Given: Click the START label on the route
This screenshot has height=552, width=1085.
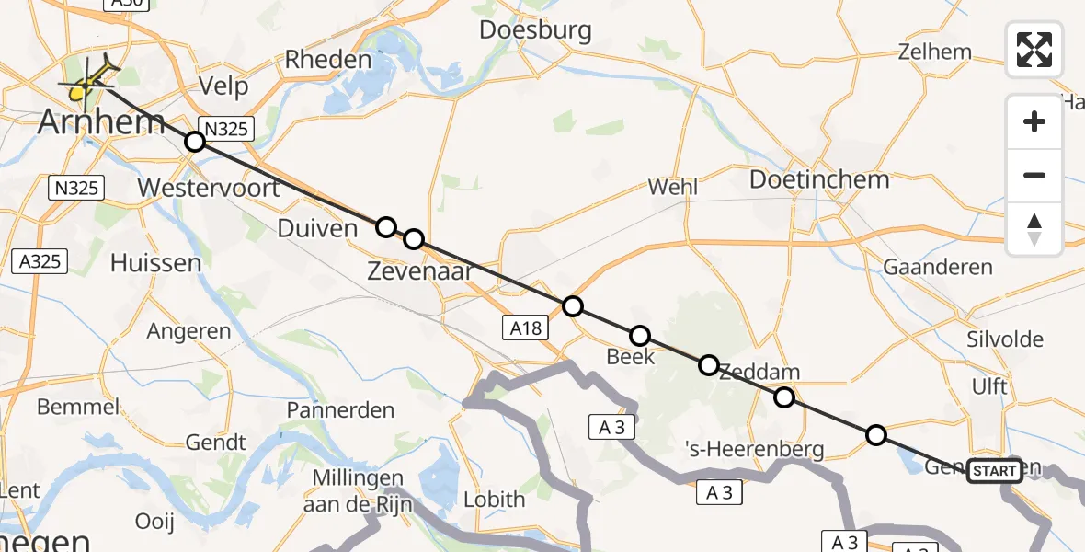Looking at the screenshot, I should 994,471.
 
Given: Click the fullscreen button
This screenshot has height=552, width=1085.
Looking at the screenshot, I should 1034,49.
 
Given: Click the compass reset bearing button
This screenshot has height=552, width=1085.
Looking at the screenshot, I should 1034,229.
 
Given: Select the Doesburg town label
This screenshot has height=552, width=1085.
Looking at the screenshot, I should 535,29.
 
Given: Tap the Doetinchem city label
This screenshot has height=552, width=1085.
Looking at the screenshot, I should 819,178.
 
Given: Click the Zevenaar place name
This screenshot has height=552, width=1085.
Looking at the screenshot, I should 419,270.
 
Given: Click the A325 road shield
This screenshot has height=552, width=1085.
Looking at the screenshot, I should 40,261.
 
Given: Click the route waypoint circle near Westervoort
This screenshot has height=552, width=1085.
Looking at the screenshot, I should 194,142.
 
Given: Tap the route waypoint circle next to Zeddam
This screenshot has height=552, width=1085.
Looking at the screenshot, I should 783,397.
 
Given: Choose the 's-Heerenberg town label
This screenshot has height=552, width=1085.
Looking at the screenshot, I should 755,449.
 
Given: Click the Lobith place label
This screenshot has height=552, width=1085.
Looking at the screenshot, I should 494,500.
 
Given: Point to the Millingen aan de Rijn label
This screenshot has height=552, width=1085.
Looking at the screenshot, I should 359,490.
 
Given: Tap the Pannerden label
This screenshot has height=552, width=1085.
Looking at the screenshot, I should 340,409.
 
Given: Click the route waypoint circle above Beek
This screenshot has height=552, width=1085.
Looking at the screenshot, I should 640,336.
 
